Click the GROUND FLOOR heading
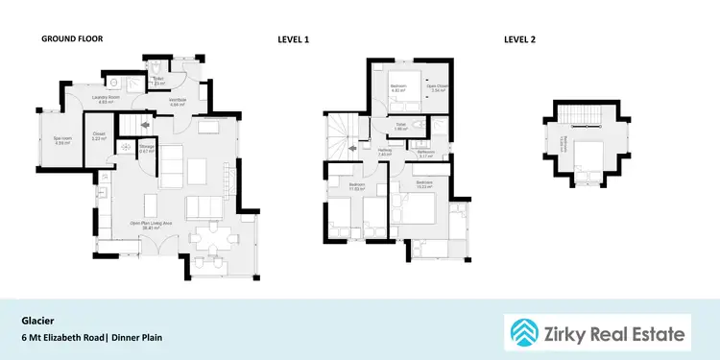71,39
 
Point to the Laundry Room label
106,99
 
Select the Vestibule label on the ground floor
178,100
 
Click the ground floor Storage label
146,149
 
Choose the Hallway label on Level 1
385,151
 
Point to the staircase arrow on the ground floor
145,124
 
